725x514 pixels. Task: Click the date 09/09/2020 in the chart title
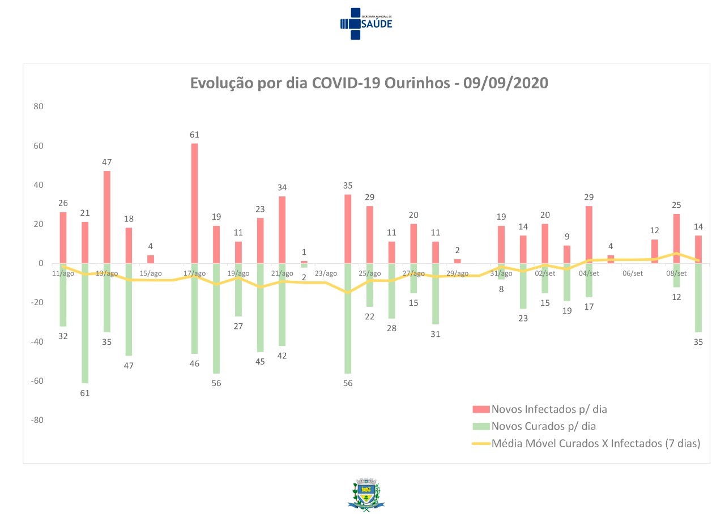pyautogui.click(x=505, y=83)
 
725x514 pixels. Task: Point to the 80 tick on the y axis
pyautogui.click(x=39, y=106)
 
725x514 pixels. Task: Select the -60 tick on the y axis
pyautogui.click(x=37, y=381)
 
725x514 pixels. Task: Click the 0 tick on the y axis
pyautogui.click(x=41, y=263)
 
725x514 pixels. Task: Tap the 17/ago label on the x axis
pyautogui.click(x=195, y=274)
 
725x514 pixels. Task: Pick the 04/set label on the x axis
pyautogui.click(x=589, y=274)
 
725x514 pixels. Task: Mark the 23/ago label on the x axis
pyautogui.click(x=326, y=274)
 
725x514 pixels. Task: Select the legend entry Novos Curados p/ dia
pyautogui.click(x=543, y=426)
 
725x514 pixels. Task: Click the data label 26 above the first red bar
pyautogui.click(x=63, y=203)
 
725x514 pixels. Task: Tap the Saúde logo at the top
pyautogui.click(x=365, y=23)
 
